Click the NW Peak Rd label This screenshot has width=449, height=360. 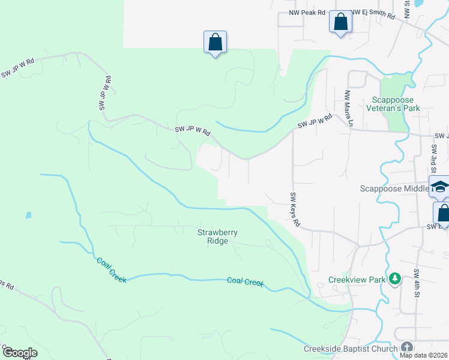click(x=306, y=13)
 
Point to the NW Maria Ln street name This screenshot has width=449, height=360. click(x=348, y=109)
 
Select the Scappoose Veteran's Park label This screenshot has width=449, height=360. click(x=396, y=104)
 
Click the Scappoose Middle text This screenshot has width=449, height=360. click(x=393, y=188)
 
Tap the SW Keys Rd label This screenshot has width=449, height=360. click(x=294, y=209)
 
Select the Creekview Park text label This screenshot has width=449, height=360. click(x=355, y=280)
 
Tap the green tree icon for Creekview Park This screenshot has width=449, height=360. click(x=394, y=279)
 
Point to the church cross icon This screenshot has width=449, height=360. click(x=407, y=348)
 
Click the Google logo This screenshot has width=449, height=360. click(x=20, y=353)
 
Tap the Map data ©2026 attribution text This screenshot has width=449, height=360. click(x=424, y=355)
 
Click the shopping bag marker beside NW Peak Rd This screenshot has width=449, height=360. click(x=340, y=22)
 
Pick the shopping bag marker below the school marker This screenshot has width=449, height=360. click(x=443, y=213)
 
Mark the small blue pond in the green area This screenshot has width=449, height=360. click(x=28, y=215)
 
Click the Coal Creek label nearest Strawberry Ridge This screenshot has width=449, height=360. click(x=245, y=282)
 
